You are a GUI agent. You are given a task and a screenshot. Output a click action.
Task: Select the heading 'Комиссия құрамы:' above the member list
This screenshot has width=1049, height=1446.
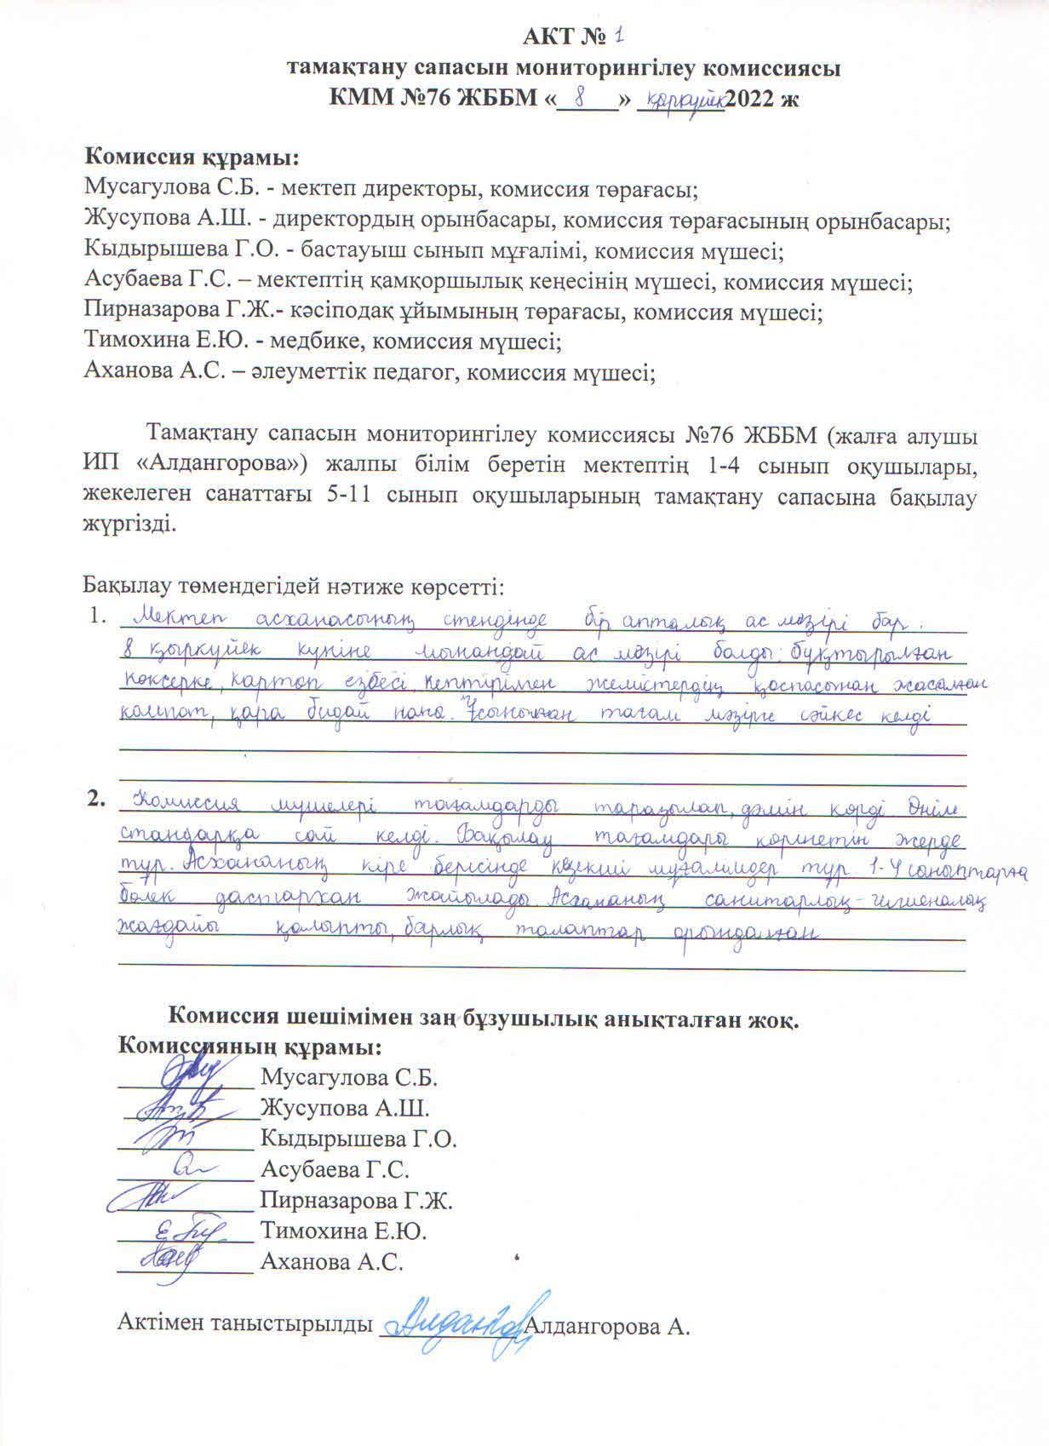(x=192, y=158)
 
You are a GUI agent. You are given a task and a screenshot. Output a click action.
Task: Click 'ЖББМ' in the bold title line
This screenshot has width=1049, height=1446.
(x=498, y=99)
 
